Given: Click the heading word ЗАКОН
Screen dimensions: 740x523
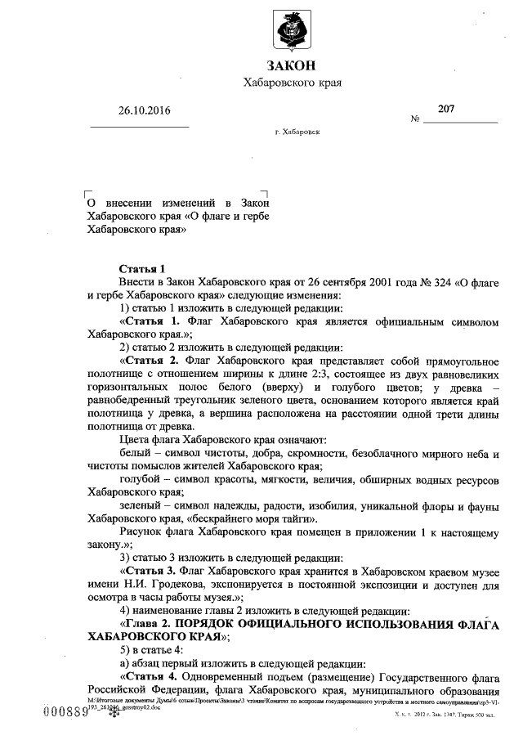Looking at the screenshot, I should [x=291, y=66].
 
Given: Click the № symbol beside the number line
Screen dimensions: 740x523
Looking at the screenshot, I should [x=415, y=119].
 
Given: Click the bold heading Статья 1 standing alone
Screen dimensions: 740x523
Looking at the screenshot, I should [x=142, y=268].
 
